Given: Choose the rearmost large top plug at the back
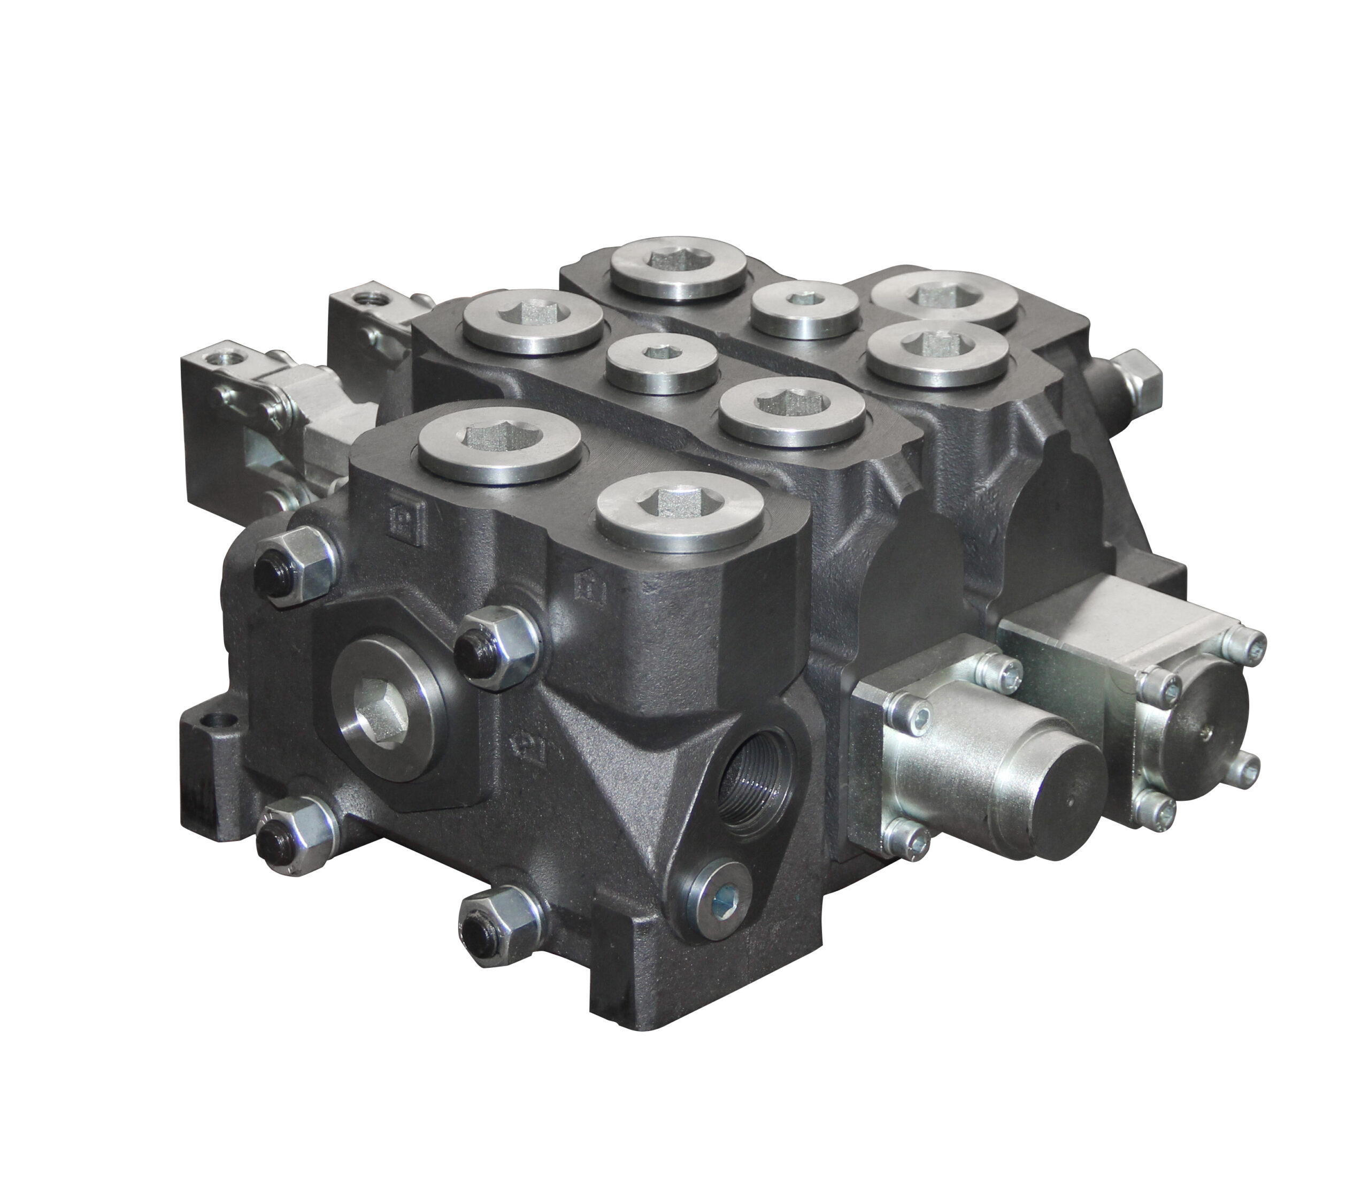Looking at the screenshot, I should coord(679,267).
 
